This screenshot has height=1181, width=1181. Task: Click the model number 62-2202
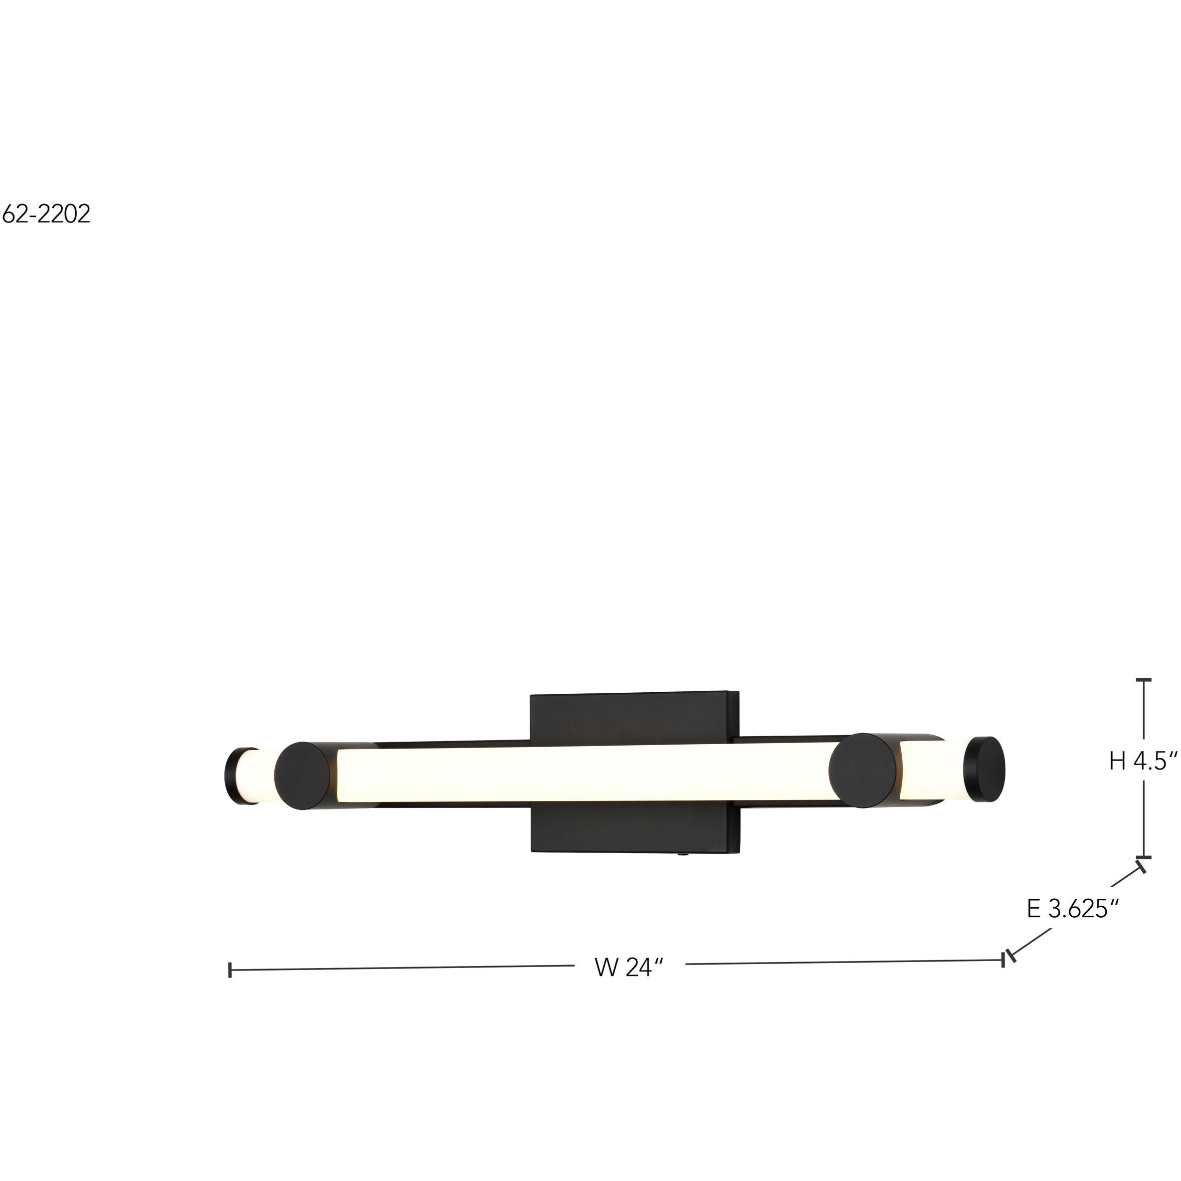click(46, 214)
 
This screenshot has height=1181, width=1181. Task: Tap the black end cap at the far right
click(984, 769)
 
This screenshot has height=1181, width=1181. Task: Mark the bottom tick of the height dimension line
click(1143, 857)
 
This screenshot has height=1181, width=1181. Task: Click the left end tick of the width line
click(230, 970)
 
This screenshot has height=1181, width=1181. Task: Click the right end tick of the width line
click(1003, 960)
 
